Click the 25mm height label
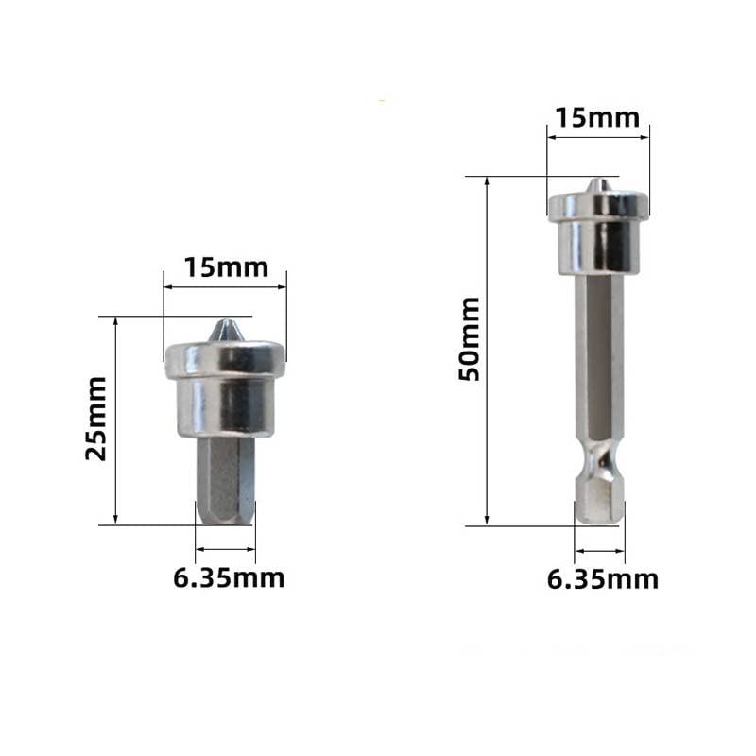[x=96, y=418]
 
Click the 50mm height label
[x=470, y=338]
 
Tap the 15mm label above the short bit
[x=225, y=267]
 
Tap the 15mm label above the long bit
[x=597, y=118]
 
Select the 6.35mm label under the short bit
[x=229, y=577]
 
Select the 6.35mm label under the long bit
[x=603, y=578]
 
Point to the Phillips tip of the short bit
[x=225, y=331]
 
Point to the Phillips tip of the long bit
[x=596, y=185]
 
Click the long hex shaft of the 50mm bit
[x=599, y=359]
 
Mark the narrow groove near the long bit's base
[x=599, y=467]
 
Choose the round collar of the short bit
[x=225, y=392]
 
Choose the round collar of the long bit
[x=599, y=232]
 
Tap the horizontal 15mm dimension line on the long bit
[x=597, y=137]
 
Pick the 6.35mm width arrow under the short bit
[x=225, y=548]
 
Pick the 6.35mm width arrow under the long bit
[x=599, y=549]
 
